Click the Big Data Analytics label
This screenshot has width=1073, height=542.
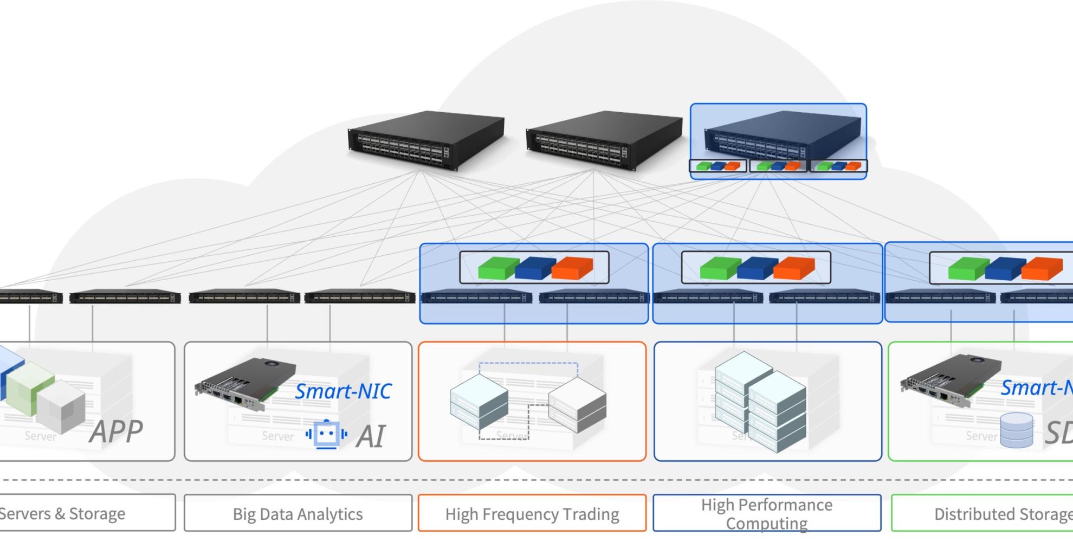pos(298,514)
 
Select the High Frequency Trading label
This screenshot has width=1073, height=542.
pos(532,514)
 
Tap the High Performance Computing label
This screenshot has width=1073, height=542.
pos(767,514)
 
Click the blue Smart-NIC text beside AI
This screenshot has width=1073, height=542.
pos(343,391)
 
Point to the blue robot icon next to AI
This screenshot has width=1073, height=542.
pos(326,434)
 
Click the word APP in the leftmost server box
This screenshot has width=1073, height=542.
pos(116,432)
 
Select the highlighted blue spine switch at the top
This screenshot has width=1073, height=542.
pos(780,135)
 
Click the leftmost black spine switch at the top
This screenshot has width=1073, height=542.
pos(425,140)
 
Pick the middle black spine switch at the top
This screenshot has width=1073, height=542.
pos(604,140)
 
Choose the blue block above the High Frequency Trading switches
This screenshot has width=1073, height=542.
pos(535,268)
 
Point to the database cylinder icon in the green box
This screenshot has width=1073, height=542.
pos(1016,430)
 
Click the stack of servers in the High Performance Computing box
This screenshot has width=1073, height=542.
pos(760,401)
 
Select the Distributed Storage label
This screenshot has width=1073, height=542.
pos(1003,514)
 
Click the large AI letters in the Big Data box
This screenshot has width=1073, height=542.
pos(371,436)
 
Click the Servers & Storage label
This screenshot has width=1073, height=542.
pos(62,513)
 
